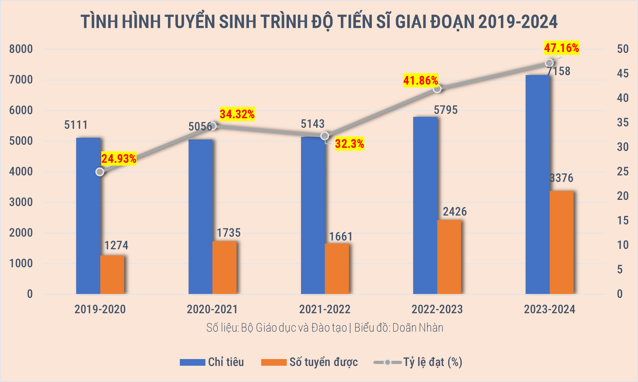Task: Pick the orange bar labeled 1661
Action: [x=337, y=268]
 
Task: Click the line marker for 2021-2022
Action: [x=325, y=136]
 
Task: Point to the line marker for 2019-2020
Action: [x=100, y=172]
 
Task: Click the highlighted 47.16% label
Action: [x=561, y=48]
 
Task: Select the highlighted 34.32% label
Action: [x=237, y=114]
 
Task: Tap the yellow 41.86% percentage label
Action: [x=420, y=80]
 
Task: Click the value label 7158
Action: [x=558, y=71]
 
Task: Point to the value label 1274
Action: [x=116, y=246]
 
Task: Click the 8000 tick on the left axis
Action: [x=21, y=49]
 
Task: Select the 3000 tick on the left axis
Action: [x=21, y=202]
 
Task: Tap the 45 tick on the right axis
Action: [x=623, y=74]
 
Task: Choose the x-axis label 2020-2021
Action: [x=212, y=309]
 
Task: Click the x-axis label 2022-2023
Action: [x=437, y=309]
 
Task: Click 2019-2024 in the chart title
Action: [x=518, y=22]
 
